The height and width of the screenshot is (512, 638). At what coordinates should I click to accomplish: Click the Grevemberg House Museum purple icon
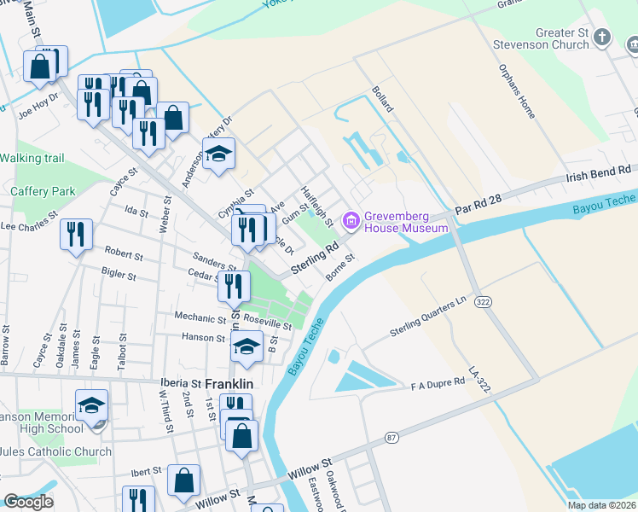351,221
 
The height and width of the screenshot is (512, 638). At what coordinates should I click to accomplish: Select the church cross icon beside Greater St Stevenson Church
603,37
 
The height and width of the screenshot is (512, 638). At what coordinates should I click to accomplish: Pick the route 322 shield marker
484,303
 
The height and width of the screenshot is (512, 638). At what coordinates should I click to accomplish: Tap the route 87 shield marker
391,438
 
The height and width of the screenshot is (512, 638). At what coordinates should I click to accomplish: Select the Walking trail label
32,158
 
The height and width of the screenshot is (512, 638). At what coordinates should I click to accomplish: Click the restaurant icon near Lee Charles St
76,234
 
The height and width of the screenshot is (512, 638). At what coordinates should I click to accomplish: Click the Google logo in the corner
28,502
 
